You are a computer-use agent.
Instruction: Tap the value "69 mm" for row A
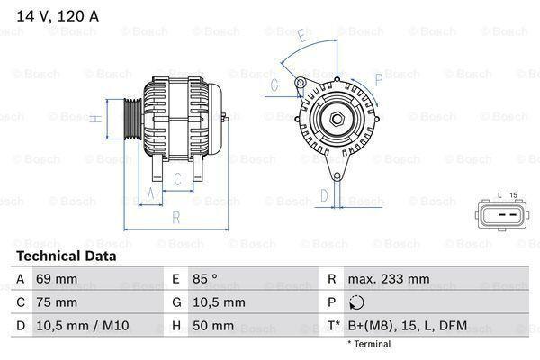(56, 279)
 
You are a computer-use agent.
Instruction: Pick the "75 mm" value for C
(56, 302)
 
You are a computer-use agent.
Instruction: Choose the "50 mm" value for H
(213, 326)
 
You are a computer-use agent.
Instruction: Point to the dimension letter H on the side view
(94, 118)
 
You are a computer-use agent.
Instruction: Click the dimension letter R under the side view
(176, 217)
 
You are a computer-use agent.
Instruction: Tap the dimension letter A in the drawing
(150, 193)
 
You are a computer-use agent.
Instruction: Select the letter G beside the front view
(274, 85)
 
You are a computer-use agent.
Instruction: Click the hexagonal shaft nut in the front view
(334, 117)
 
